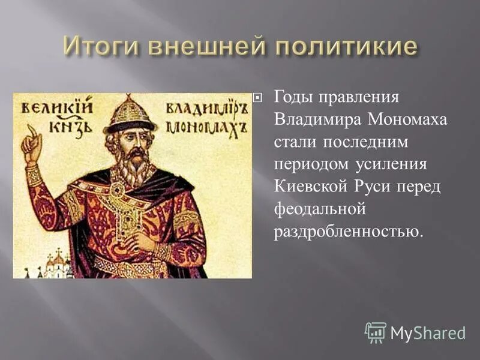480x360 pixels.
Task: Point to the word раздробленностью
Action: click(x=348, y=232)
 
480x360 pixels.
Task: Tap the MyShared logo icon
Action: click(x=375, y=332)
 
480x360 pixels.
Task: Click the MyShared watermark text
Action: click(x=428, y=333)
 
